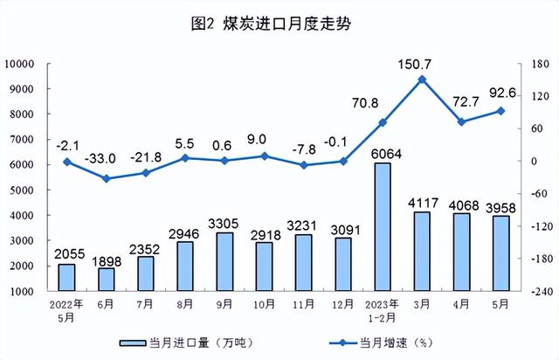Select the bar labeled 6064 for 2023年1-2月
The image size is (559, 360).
pyautogui.click(x=383, y=227)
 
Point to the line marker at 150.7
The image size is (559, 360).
pyautogui.click(x=422, y=80)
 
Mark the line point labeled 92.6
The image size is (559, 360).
pyautogui.click(x=500, y=110)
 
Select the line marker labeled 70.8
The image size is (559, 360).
pyautogui.click(x=383, y=122)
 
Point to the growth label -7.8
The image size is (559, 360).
pyautogui.click(x=303, y=148)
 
